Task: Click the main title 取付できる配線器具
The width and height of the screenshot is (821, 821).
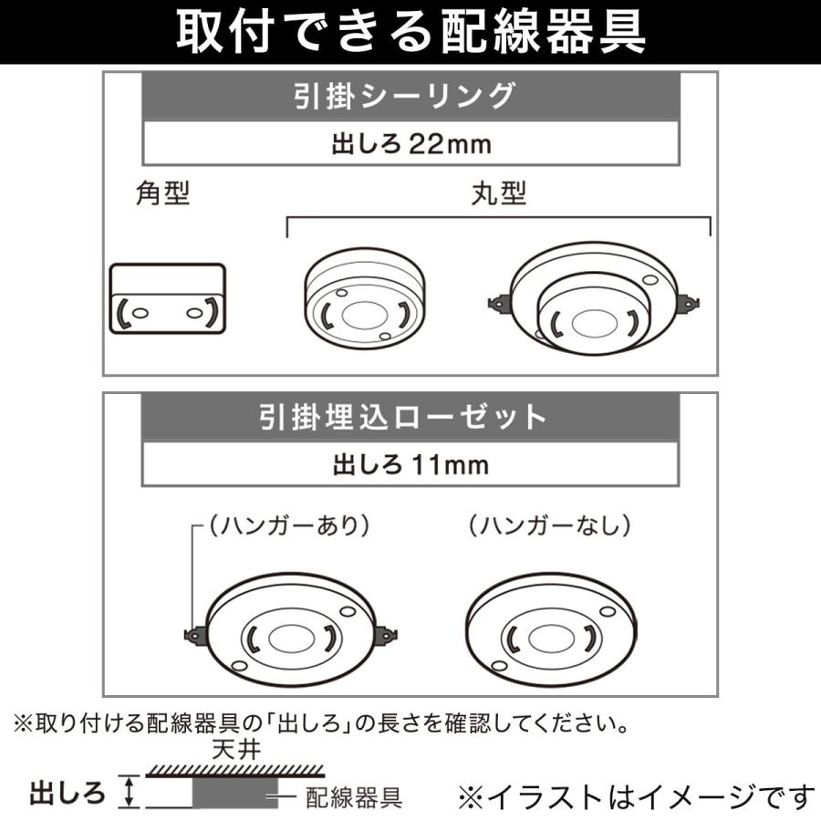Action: coord(410,33)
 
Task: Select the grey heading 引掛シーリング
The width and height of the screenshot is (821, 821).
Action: coord(410,95)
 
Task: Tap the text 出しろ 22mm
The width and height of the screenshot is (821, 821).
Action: coord(410,143)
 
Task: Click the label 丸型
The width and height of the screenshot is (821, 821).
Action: coord(499,193)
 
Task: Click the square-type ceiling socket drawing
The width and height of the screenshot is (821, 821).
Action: coord(168,299)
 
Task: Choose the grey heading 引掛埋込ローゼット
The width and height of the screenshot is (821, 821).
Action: coord(410,417)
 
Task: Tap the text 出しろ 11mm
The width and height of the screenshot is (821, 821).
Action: coord(410,465)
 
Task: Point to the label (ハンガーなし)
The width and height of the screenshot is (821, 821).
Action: coord(549,525)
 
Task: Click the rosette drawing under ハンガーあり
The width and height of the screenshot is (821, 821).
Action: coord(290,633)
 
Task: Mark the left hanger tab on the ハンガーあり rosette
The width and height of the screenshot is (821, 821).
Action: coord(194,634)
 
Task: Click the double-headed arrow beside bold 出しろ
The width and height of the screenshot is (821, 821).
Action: coord(130,791)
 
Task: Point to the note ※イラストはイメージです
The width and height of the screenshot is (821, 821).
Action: coord(635,797)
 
